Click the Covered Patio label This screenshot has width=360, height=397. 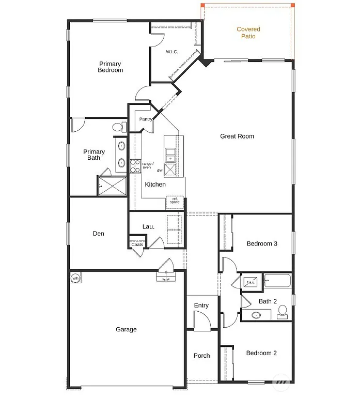[248, 33]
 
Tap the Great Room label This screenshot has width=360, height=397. [237, 136]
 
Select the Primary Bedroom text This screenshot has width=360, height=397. [111, 67]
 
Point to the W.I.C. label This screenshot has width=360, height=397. [172, 52]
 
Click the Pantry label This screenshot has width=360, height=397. [146, 119]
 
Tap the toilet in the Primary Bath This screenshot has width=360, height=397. [118, 127]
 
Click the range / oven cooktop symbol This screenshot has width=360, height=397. [135, 166]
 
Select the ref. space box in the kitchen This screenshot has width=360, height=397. [175, 201]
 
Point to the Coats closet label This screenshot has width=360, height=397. [137, 245]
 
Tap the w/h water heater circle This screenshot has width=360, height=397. [75, 279]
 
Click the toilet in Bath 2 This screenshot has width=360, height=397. [282, 311]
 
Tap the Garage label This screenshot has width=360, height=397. [126, 329]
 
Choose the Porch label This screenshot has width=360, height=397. [201, 356]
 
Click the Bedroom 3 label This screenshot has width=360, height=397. [262, 243]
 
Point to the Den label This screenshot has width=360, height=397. [98, 234]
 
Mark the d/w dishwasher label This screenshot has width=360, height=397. [160, 171]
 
